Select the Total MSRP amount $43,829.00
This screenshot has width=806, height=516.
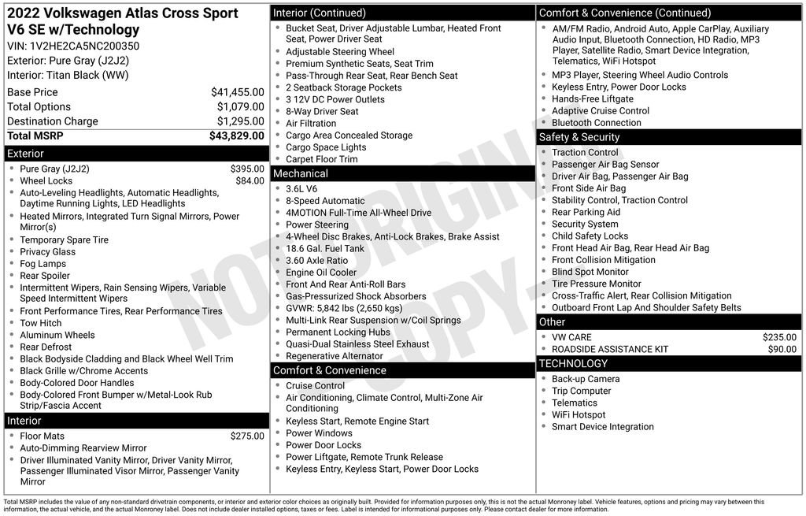[236, 135]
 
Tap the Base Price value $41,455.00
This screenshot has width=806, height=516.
[237, 92]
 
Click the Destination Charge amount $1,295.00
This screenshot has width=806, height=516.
[240, 121]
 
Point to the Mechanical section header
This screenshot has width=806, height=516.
[301, 173]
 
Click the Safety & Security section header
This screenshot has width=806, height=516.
[579, 137]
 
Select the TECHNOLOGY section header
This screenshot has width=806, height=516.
[573, 363]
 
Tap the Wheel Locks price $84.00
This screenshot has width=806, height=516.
[250, 180]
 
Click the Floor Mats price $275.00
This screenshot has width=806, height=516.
[247, 436]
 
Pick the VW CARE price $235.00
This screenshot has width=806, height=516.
[779, 337]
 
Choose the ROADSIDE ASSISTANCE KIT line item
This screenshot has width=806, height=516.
[610, 349]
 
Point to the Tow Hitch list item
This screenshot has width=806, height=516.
[41, 323]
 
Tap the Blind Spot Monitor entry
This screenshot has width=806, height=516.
[590, 272]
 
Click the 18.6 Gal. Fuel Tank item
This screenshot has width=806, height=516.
[325, 248]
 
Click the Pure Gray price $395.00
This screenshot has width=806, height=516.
[247, 169]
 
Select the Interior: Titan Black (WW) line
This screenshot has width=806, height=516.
[68, 76]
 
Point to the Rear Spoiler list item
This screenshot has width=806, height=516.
[45, 276]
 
